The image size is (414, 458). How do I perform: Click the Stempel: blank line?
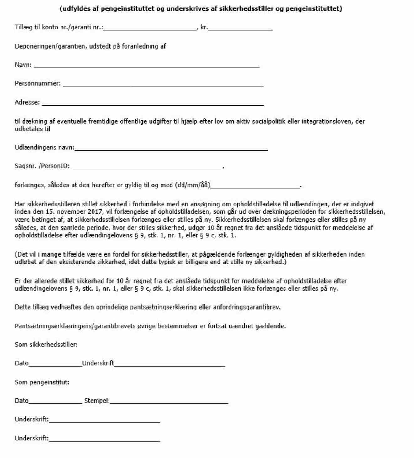coord(169,403)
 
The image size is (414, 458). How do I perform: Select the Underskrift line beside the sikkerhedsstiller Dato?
coord(169,365)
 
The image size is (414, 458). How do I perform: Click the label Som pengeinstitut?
coord(42,382)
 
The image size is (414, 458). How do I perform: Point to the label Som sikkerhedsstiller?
coord(46,345)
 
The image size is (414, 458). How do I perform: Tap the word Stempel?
coord(96,401)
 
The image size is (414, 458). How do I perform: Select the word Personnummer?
coord(37,83)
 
